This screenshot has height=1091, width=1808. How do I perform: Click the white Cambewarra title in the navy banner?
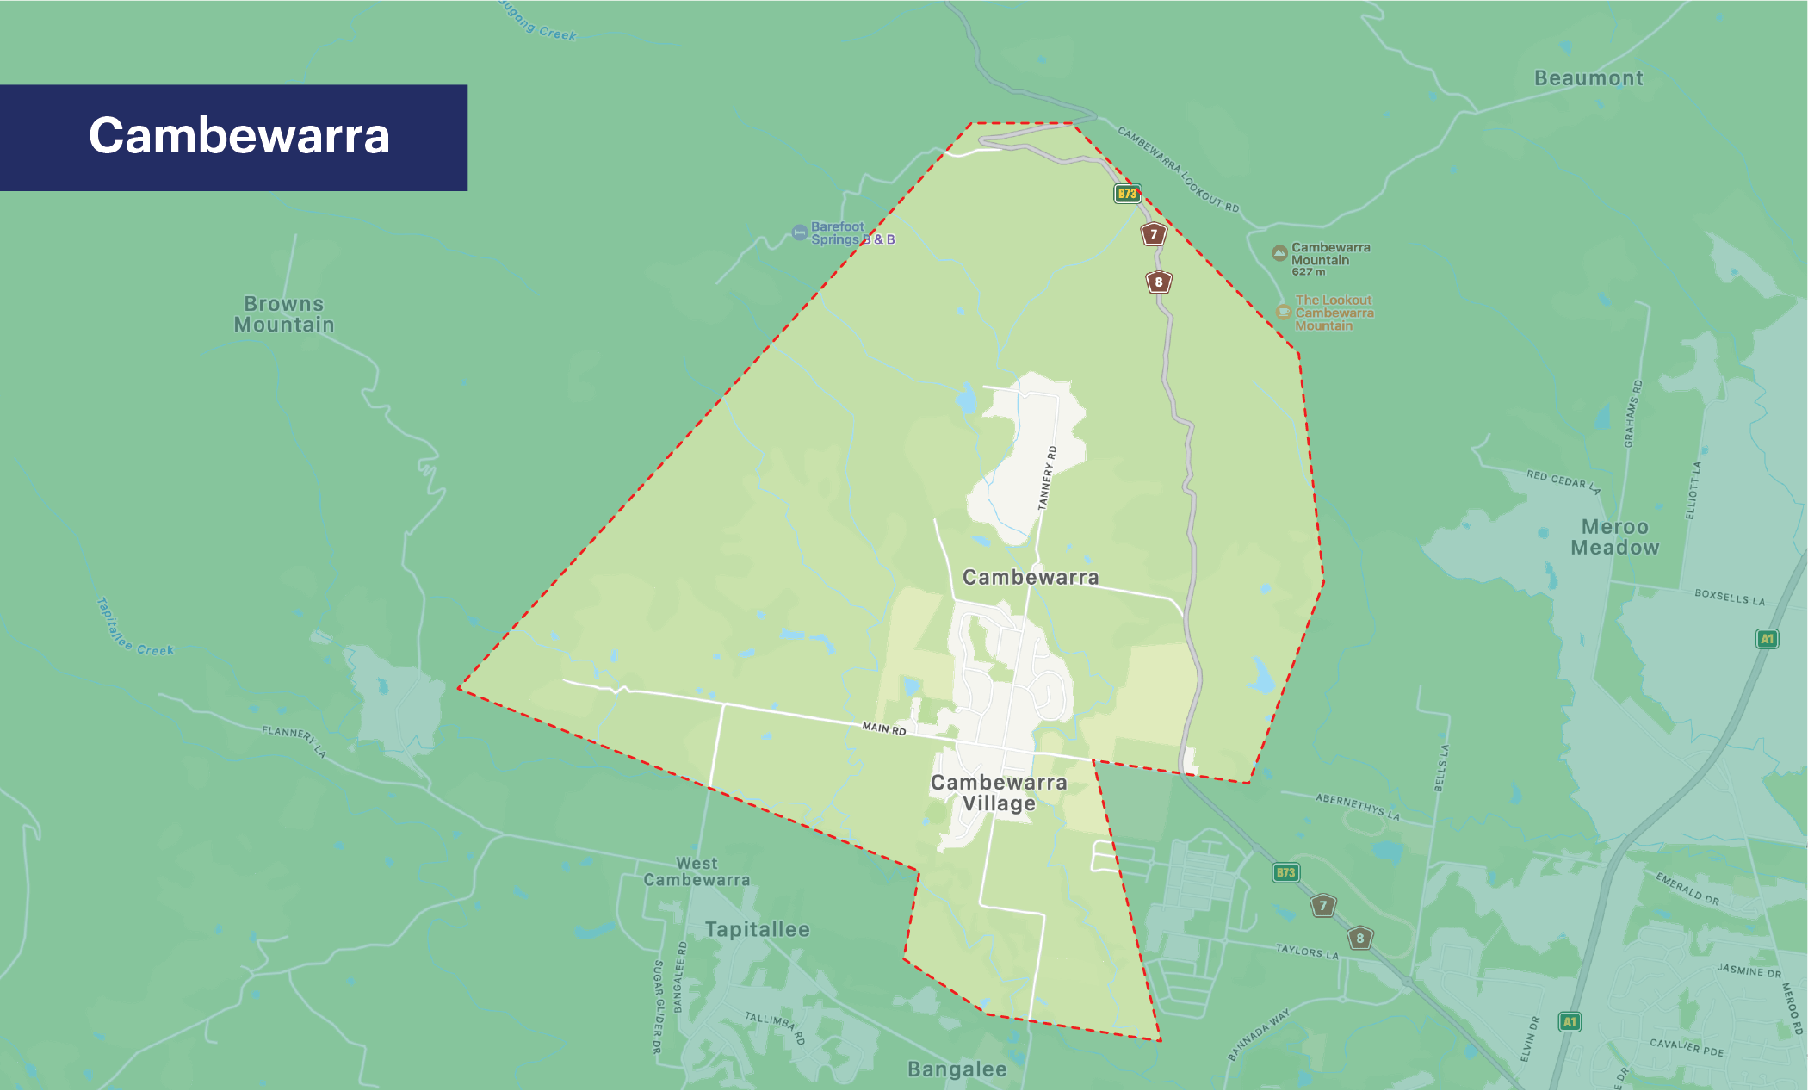238,136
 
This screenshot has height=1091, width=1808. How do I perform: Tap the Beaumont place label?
1588,78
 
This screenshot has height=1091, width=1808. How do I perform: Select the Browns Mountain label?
284,314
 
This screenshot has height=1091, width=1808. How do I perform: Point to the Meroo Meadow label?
1614,537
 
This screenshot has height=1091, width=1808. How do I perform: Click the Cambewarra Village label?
999,793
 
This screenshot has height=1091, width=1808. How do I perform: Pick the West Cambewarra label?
697,871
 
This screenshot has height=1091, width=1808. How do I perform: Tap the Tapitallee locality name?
758,930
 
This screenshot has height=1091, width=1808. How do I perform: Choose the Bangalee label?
957,1069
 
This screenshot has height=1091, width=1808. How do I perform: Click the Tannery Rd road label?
1047,478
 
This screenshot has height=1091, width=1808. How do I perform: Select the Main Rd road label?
884,729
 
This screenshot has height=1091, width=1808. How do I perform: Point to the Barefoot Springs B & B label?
852,233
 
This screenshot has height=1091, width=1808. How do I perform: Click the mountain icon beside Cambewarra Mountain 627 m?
1280,253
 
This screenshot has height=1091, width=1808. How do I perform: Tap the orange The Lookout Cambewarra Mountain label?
1334,313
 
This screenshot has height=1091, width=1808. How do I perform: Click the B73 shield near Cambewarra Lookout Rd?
1127,194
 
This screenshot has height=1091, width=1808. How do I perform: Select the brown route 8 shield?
1159,282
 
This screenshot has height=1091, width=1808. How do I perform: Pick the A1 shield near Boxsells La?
1767,639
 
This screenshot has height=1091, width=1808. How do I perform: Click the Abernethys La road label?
1358,807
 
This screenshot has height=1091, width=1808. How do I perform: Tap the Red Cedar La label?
1563,481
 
